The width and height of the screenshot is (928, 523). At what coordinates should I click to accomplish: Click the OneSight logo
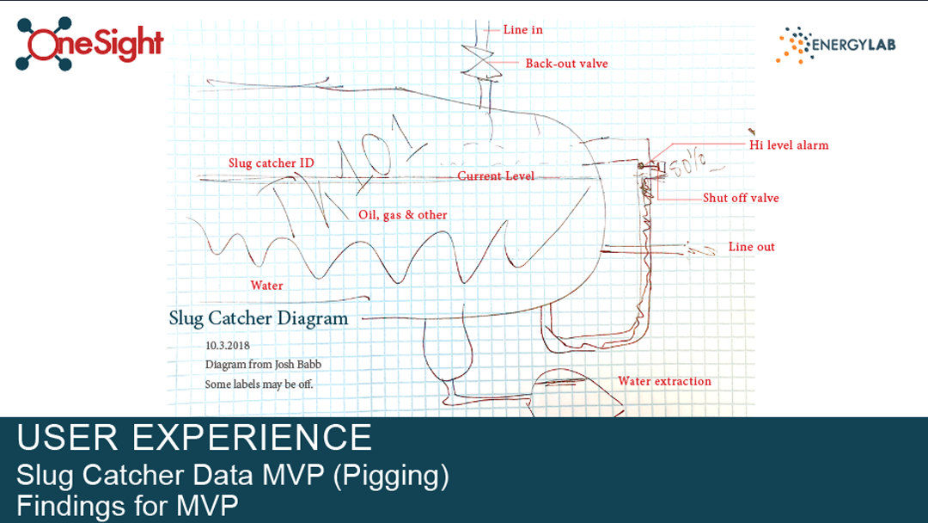(89, 44)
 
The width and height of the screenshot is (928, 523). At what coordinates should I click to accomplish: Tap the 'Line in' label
(522, 30)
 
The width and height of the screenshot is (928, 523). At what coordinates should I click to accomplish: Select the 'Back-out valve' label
(566, 64)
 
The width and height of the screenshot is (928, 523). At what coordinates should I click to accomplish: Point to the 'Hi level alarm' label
(789, 145)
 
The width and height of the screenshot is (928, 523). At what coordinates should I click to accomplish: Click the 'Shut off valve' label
(741, 198)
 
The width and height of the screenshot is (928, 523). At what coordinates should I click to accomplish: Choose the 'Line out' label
(751, 247)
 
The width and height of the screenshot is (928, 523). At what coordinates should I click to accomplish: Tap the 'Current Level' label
(496, 176)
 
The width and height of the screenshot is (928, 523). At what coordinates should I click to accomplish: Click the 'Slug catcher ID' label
(272, 163)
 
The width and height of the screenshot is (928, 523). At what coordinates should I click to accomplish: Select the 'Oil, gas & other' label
(402, 215)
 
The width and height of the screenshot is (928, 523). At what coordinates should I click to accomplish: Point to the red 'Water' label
(266, 286)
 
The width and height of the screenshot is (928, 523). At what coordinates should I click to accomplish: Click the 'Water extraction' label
(664, 381)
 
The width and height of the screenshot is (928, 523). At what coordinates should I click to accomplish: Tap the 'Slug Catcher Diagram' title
(259, 318)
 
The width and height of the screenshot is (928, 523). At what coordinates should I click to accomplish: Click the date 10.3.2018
(227, 346)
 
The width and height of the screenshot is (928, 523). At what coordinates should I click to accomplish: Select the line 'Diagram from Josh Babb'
(263, 365)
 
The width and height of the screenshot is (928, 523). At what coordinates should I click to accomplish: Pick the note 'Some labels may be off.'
(259, 385)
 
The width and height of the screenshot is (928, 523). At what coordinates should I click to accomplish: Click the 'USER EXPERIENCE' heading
(194, 438)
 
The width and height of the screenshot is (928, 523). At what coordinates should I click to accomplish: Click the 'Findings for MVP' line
(126, 506)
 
